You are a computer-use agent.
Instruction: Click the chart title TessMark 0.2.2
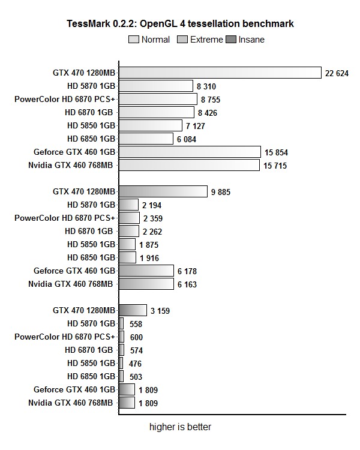point(180,24)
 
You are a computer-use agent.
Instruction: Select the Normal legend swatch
point(133,40)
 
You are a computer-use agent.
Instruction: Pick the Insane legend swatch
point(230,40)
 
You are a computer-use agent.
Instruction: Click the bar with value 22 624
point(220,73)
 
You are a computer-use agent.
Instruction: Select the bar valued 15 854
point(190,152)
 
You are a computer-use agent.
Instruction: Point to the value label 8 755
point(211,100)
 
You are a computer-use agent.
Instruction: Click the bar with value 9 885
point(163,191)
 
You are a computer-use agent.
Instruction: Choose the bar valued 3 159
point(133,310)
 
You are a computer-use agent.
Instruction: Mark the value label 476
point(136,364)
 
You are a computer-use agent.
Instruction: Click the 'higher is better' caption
point(180,427)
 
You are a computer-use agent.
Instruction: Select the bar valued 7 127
point(151,125)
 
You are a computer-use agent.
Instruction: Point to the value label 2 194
point(152,205)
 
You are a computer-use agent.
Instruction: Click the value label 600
point(136,337)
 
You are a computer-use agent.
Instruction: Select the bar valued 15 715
point(190,165)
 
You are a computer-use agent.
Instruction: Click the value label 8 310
point(206,86)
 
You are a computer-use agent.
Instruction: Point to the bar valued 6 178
point(146,271)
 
